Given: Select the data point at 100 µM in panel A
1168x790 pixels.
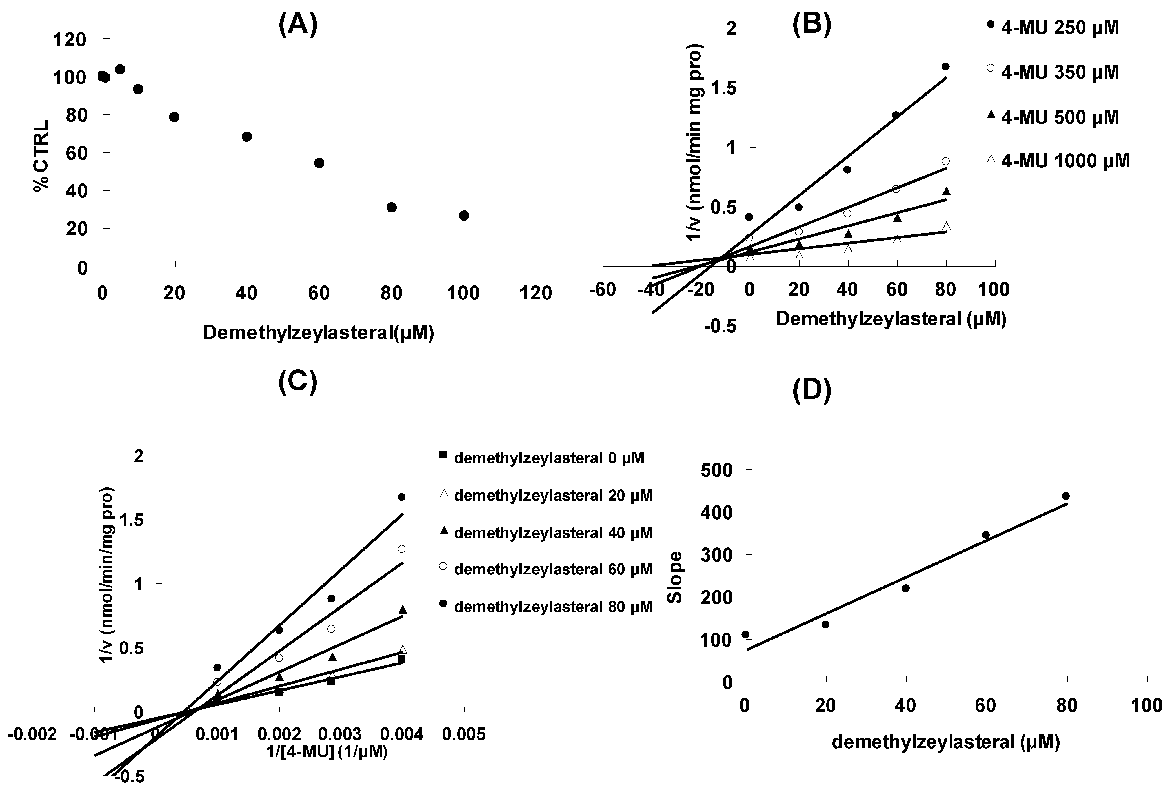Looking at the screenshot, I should [x=464, y=216].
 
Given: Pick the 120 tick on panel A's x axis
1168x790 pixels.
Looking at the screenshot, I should [x=536, y=293].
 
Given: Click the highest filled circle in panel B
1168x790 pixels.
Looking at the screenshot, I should [x=945, y=66].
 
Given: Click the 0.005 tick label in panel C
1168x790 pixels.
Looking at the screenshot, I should [x=464, y=734].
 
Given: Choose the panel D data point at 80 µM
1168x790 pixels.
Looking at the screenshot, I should [x=1065, y=496].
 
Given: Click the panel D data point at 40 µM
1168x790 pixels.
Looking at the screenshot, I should [x=906, y=588].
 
